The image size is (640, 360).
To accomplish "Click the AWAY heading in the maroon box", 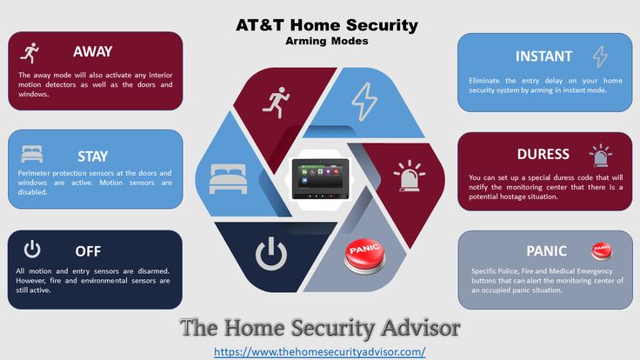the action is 93,51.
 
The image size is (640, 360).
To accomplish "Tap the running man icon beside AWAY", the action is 30,53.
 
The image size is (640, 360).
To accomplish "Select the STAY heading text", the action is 93,157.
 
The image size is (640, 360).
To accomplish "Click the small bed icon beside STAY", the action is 32,154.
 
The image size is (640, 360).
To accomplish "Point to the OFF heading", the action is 88,251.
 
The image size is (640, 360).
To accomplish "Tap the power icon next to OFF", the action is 32,249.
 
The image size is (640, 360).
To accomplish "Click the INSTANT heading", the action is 543,57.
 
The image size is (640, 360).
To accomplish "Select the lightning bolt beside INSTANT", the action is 600,56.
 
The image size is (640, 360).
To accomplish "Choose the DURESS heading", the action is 543,154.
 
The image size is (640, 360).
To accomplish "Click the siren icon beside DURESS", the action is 600,156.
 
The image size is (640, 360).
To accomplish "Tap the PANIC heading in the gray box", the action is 546,251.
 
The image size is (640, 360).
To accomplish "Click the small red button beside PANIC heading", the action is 602,251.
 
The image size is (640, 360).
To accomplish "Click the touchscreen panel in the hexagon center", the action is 320,179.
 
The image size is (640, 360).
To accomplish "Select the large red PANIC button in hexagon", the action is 364,256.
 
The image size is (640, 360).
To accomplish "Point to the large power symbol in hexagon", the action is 271,253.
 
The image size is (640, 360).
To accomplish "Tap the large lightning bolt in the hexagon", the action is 364,102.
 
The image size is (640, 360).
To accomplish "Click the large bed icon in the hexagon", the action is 228,179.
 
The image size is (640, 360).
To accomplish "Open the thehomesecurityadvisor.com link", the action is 320,351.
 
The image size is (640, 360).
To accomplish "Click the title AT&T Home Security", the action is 327,25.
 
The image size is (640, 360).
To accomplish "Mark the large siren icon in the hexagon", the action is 410,176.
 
